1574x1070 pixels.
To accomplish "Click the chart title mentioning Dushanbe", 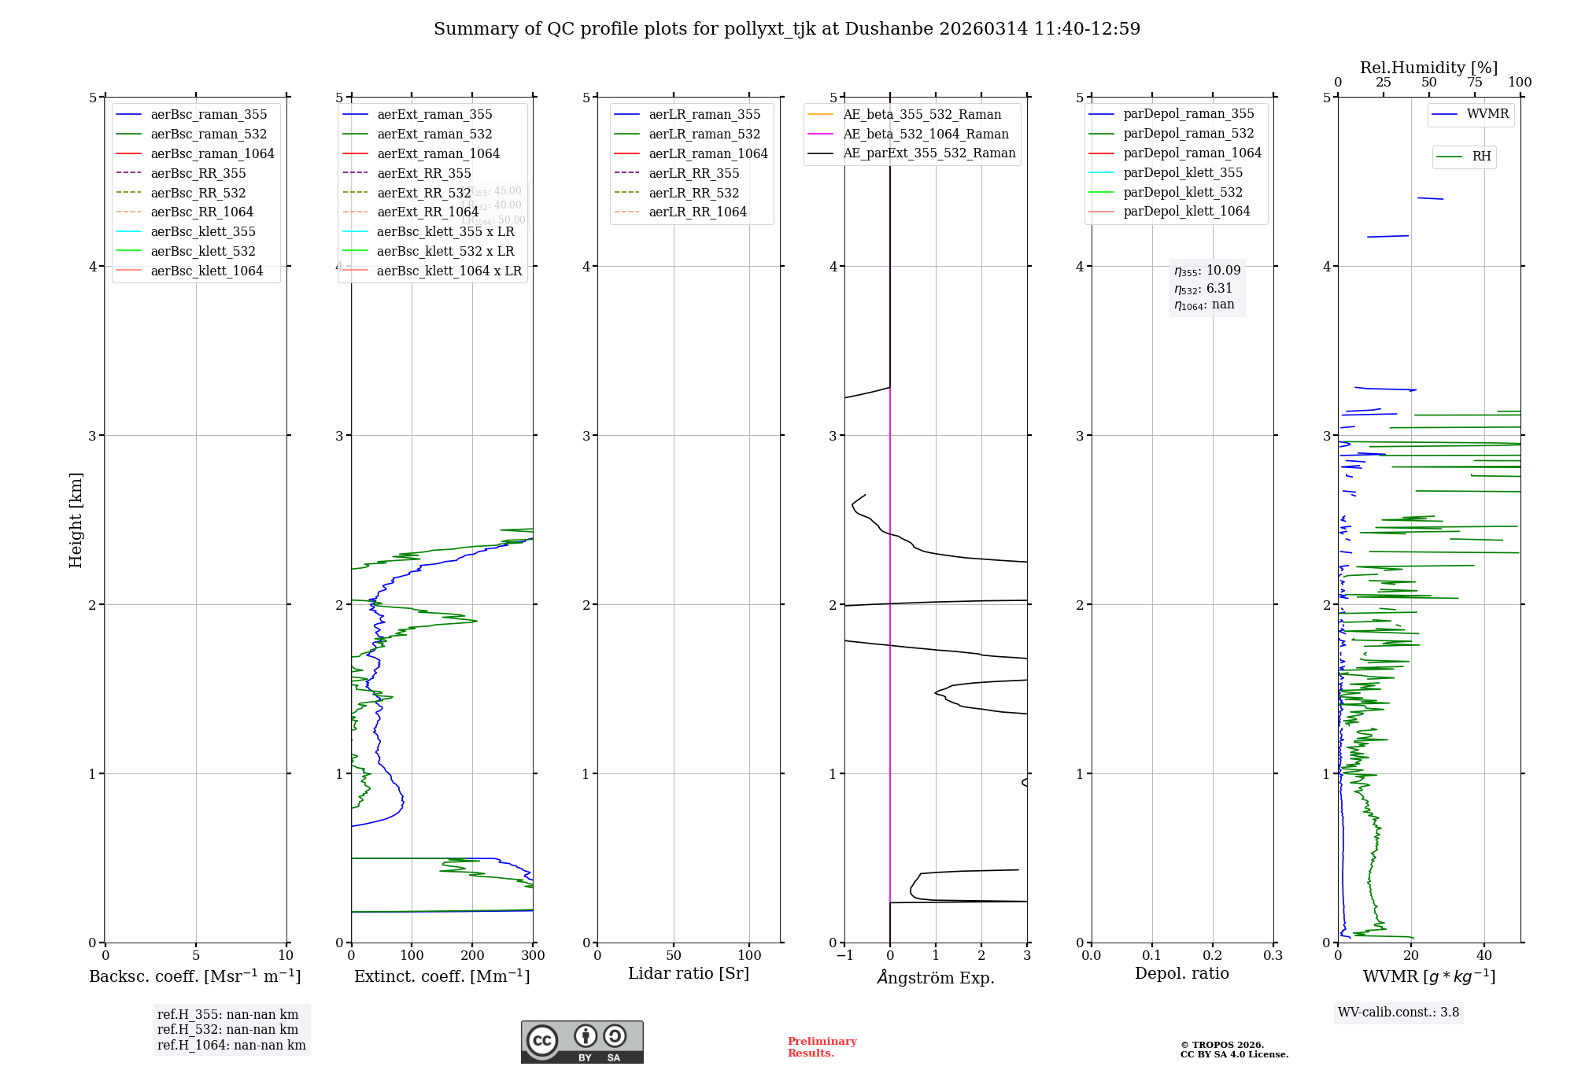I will pyautogui.click(x=787, y=29).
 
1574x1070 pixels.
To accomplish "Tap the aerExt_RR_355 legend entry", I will pyautogui.click(x=424, y=173).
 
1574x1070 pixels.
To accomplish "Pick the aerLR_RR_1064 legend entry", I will pyautogui.click(x=697, y=212).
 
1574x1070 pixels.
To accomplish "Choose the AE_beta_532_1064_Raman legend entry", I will pyautogui.click(x=926, y=134).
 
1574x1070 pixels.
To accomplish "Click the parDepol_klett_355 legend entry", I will pyautogui.click(x=1183, y=172).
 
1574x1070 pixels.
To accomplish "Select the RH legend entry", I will pyautogui.click(x=1481, y=157).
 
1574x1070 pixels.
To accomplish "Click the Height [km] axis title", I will pyautogui.click(x=76, y=519).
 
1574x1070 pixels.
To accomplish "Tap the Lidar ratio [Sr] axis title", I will pyautogui.click(x=689, y=973).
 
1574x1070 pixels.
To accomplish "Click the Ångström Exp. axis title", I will pyautogui.click(x=936, y=977).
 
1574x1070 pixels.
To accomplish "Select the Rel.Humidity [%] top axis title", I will pyautogui.click(x=1428, y=68).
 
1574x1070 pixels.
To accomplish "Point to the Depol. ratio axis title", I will pyautogui.click(x=1181, y=973).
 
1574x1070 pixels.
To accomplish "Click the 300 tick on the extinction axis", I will pyautogui.click(x=533, y=956).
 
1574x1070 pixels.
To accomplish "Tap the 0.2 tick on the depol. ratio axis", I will pyautogui.click(x=1213, y=956).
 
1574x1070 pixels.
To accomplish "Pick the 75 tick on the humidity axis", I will pyautogui.click(x=1474, y=83).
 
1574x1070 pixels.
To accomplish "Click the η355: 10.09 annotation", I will pyautogui.click(x=1207, y=271).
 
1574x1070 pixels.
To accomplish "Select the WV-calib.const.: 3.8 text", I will pyautogui.click(x=1398, y=1013).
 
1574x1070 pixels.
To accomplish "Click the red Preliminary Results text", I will pyautogui.click(x=822, y=1047).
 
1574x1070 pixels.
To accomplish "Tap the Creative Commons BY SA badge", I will pyautogui.click(x=582, y=1042).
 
